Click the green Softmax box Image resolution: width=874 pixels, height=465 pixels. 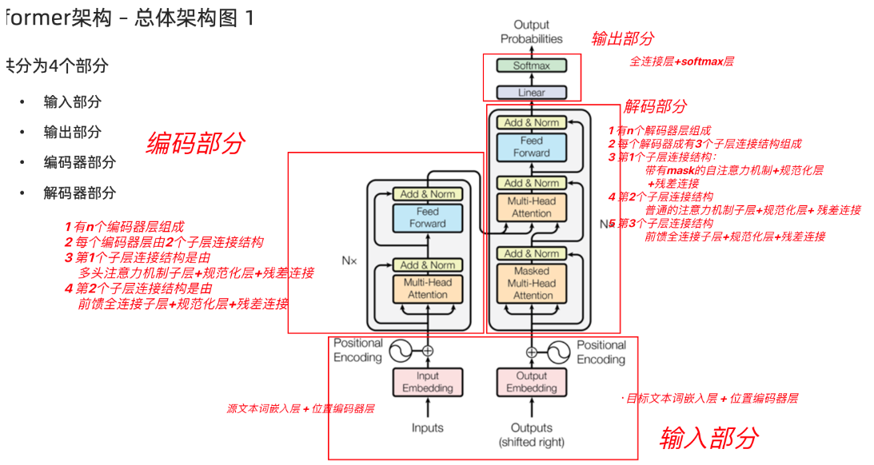(531, 66)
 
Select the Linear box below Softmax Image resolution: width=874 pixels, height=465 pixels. (531, 92)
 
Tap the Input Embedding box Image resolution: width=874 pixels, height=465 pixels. (427, 382)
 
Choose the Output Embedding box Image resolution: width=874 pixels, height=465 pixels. (532, 382)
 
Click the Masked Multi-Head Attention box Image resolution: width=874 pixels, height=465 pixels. (533, 283)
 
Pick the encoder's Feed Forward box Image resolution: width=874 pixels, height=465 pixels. (427, 217)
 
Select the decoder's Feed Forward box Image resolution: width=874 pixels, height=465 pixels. (532, 146)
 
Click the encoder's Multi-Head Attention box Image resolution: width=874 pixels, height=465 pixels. (427, 288)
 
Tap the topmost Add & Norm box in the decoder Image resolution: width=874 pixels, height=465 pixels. (532, 122)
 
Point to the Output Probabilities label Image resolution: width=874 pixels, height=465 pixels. (532, 32)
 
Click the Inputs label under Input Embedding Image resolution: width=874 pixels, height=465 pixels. (427, 427)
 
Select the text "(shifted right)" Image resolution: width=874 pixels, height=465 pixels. (532, 442)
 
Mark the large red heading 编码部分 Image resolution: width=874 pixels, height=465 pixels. (195, 143)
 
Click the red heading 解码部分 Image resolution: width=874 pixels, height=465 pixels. (655, 106)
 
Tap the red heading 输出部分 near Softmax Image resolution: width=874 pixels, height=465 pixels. (623, 38)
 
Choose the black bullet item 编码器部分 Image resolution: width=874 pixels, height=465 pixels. (79, 162)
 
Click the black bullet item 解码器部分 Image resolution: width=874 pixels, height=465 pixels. (79, 193)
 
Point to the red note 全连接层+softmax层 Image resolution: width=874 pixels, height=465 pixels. (681, 62)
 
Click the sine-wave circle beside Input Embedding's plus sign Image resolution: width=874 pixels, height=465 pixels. (399, 350)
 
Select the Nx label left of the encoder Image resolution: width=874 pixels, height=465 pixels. (349, 260)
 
